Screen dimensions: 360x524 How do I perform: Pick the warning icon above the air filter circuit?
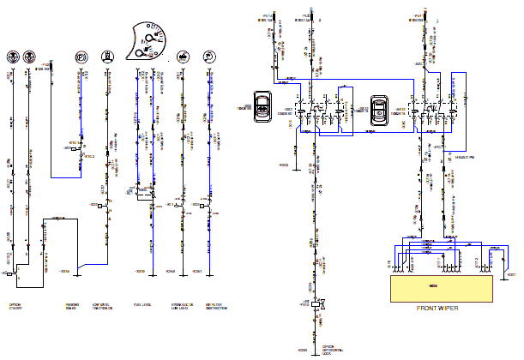(x=208, y=57)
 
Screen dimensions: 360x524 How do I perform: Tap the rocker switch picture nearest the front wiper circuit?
(x=378, y=109)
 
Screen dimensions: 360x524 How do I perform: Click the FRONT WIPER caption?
(x=441, y=309)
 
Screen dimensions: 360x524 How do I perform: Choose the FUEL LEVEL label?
(x=142, y=304)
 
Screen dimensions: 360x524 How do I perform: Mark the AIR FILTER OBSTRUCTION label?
(x=217, y=306)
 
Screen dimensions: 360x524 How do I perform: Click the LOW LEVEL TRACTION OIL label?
(x=105, y=306)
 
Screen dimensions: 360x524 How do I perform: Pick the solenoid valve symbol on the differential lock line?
(x=317, y=303)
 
